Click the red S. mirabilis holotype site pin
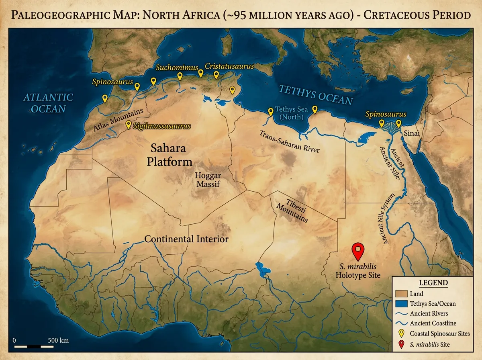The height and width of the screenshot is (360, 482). (357, 251)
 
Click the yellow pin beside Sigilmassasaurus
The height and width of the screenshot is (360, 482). (129, 125)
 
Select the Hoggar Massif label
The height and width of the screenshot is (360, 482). (207, 179)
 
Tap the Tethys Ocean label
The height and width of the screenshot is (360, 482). (316, 95)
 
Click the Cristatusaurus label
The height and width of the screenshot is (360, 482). (229, 66)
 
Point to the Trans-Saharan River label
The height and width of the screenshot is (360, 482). (289, 141)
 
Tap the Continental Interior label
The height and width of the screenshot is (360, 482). (186, 239)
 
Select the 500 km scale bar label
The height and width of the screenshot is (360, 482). (58, 340)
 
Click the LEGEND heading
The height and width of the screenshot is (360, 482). (433, 283)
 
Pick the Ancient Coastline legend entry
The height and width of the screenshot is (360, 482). (433, 323)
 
